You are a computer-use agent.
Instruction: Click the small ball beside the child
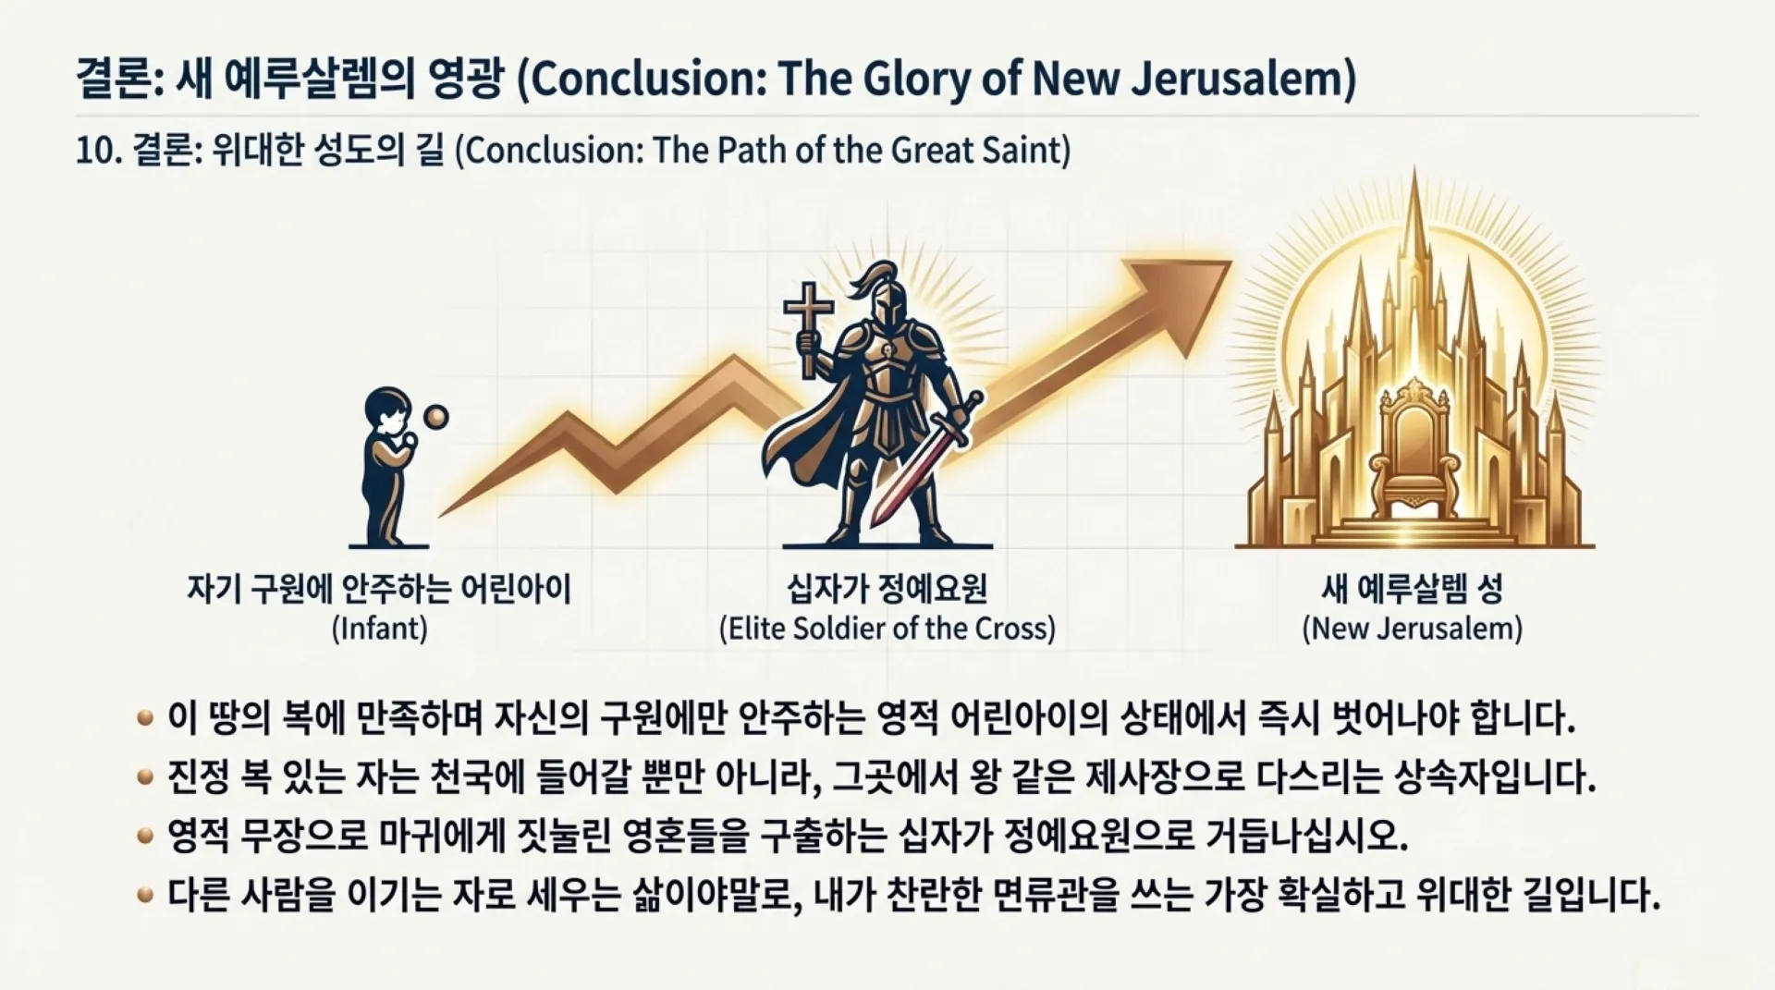click(x=435, y=418)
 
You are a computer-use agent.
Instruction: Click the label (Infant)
click(x=379, y=629)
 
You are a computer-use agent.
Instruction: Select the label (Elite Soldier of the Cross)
click(x=887, y=629)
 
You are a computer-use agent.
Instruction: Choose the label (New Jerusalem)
click(x=1412, y=629)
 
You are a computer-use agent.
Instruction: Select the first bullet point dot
click(x=145, y=718)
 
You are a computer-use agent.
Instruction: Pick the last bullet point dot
click(x=145, y=895)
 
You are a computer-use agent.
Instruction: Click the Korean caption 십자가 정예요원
click(x=887, y=588)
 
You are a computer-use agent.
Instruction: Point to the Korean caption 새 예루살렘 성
click(x=1412, y=588)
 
